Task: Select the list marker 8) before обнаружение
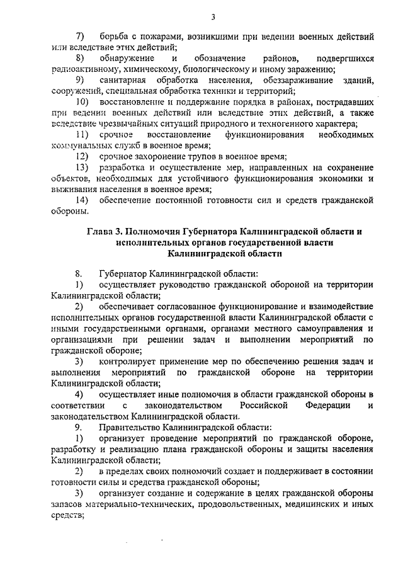[80, 59]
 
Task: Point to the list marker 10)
[81, 102]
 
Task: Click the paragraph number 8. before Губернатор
[79, 274]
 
